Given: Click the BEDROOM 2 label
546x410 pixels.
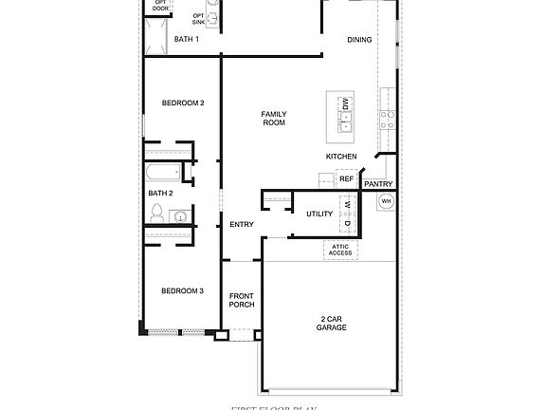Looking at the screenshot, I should (x=183, y=102).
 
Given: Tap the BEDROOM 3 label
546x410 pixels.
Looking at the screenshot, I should (x=182, y=290).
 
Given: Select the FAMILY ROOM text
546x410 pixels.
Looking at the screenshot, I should (x=274, y=119).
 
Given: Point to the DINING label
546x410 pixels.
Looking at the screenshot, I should (x=359, y=39).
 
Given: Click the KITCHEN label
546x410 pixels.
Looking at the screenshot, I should (x=341, y=156).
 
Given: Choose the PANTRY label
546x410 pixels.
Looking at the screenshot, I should (x=378, y=184).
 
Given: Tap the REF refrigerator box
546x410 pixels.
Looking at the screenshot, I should (x=346, y=178).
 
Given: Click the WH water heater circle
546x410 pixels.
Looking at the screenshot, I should (x=386, y=201).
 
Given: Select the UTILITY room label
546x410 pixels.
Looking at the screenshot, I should (x=319, y=214).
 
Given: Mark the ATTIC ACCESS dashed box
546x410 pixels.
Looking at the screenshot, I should (x=340, y=250).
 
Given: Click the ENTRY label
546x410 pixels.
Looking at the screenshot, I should (x=242, y=224).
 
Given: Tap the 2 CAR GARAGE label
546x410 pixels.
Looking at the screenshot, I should (x=332, y=323).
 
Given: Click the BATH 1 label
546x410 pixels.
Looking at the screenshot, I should (x=187, y=39).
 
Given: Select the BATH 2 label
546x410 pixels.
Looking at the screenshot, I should (x=160, y=193).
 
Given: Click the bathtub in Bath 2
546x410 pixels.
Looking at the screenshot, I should (x=163, y=175).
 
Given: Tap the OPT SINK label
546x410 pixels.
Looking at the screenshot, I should (x=199, y=18).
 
